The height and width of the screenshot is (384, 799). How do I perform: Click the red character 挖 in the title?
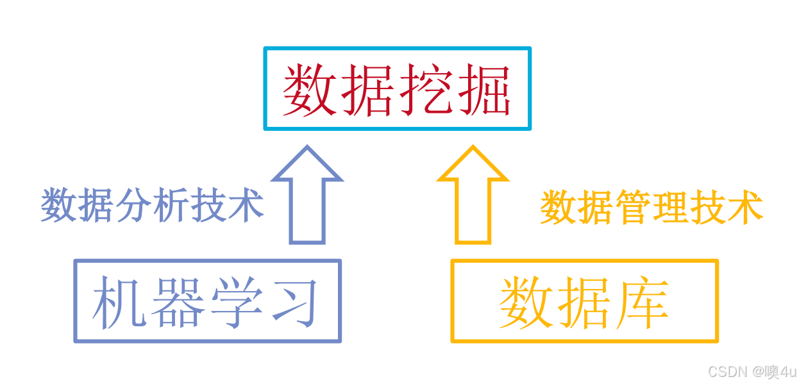[x=424, y=90]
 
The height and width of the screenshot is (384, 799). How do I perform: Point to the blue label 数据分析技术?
[x=152, y=206]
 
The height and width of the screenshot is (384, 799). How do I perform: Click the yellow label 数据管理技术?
[x=651, y=208]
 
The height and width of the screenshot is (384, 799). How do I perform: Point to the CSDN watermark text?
[x=752, y=371]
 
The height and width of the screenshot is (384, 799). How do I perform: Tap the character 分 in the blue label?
[x=133, y=206]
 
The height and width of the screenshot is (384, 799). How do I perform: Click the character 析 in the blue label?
[x=171, y=206]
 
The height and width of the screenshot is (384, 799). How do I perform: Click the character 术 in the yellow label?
[x=744, y=208]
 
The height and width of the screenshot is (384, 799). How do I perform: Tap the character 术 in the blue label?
[x=246, y=206]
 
